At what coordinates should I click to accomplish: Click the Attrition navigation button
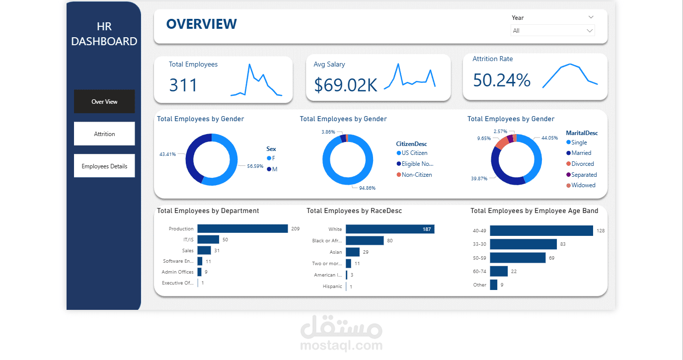(x=104, y=134)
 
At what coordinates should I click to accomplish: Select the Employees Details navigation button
(x=104, y=166)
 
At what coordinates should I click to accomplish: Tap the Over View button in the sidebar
(x=104, y=102)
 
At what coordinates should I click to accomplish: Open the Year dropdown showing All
(x=552, y=31)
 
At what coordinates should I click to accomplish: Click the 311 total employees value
(x=183, y=85)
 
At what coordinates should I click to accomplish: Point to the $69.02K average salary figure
(x=345, y=85)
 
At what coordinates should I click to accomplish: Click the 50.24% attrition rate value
(x=501, y=80)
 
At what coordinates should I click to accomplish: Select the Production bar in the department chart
(x=242, y=228)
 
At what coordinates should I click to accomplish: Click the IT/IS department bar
(x=208, y=239)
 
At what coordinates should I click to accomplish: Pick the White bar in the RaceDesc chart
(x=390, y=229)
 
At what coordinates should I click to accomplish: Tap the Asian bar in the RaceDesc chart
(x=353, y=252)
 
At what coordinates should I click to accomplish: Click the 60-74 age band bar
(x=499, y=271)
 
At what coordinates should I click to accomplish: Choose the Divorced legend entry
(x=582, y=164)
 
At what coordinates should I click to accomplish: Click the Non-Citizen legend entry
(x=416, y=175)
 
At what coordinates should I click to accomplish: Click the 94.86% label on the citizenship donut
(x=368, y=188)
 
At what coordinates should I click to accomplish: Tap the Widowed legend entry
(x=583, y=185)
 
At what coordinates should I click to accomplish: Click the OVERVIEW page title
(x=201, y=24)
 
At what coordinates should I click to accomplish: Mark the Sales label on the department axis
(x=187, y=251)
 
